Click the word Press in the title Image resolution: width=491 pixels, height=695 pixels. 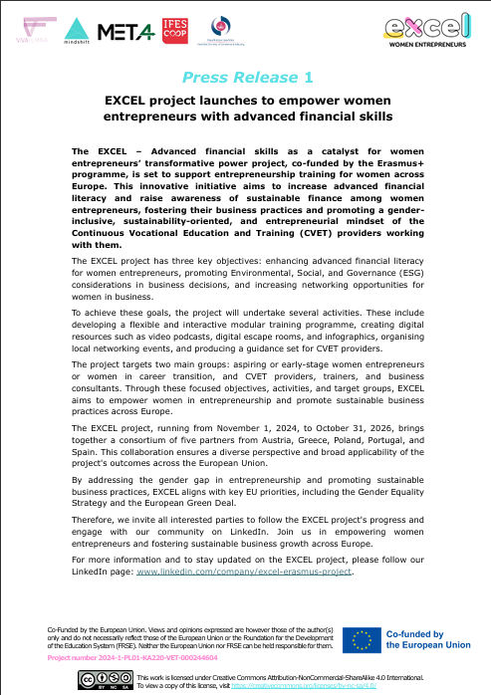click(x=206, y=77)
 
